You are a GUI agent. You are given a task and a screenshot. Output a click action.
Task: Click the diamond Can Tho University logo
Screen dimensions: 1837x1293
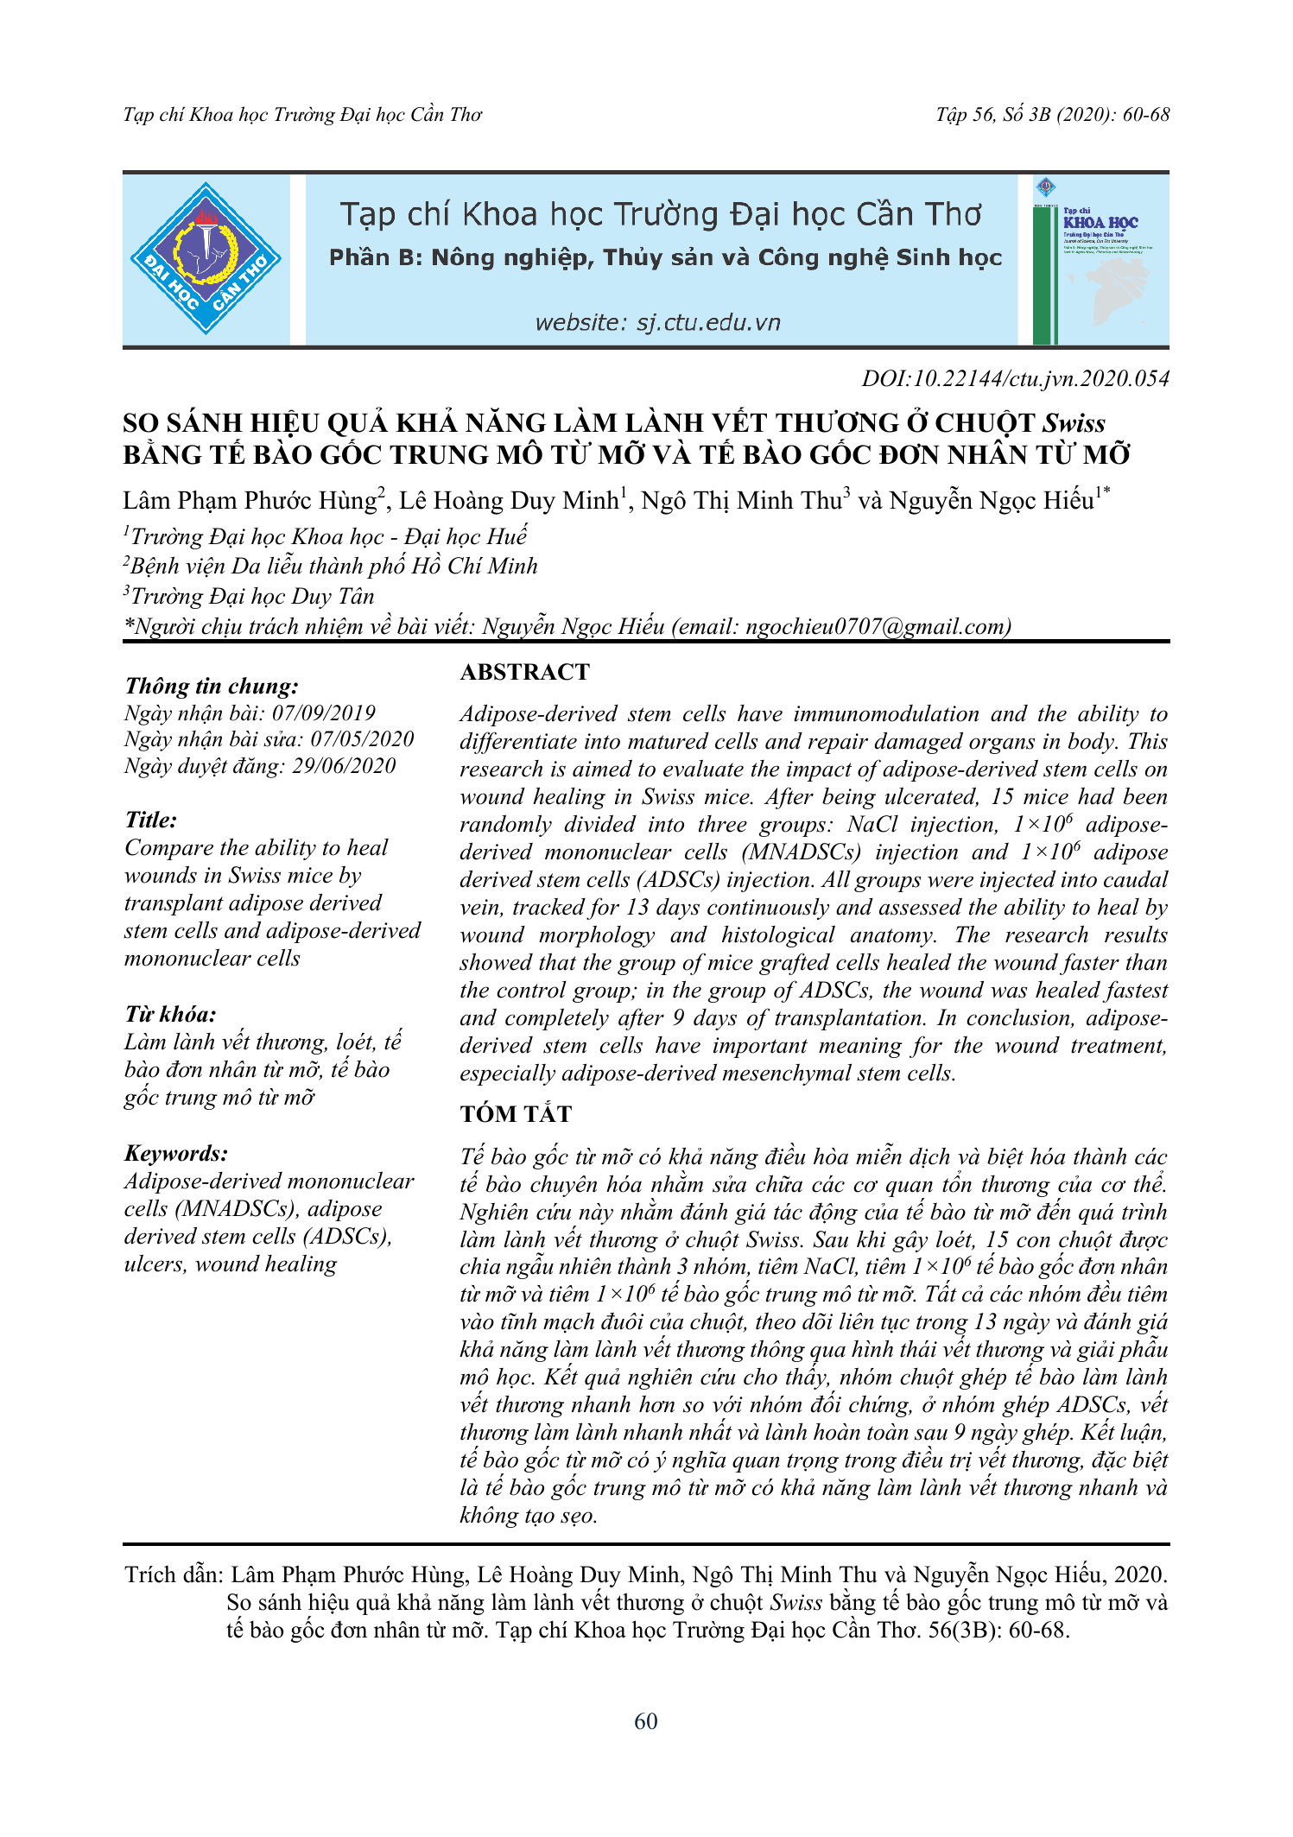click(x=206, y=259)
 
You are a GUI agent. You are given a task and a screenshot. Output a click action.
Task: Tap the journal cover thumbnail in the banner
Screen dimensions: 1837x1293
click(x=1100, y=260)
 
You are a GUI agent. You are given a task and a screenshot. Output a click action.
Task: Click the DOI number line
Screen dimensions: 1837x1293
click(x=1015, y=378)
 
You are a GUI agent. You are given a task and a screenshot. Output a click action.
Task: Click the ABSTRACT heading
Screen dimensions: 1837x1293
click(x=524, y=672)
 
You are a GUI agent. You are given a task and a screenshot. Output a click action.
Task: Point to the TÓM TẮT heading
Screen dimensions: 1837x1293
click(x=516, y=1114)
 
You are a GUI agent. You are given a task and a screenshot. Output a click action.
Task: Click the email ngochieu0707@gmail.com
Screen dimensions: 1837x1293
click(x=878, y=626)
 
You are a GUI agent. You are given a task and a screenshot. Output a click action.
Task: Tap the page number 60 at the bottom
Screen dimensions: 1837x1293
click(x=645, y=1721)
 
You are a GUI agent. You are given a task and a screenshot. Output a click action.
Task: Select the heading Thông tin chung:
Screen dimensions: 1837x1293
click(x=212, y=686)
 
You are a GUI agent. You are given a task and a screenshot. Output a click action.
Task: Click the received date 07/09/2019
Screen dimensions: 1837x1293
click(x=324, y=713)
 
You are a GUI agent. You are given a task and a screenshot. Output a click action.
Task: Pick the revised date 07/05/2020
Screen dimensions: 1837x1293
click(x=362, y=739)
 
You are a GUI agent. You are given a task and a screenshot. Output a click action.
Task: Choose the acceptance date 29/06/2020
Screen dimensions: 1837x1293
click(x=344, y=766)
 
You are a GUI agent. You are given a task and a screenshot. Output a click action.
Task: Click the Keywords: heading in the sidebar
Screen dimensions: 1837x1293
click(x=176, y=1153)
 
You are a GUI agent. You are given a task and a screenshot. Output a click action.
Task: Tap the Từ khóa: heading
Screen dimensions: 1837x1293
click(x=170, y=1014)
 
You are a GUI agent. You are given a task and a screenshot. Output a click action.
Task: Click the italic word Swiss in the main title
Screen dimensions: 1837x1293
click(x=1074, y=423)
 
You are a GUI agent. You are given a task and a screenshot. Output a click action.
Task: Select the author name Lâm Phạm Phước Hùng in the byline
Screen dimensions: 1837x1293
click(x=250, y=501)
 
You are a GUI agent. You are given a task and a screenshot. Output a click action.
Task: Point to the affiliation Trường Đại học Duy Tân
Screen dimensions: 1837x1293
click(x=252, y=596)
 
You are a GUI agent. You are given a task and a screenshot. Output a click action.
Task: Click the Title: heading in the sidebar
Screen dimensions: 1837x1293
click(x=151, y=820)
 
